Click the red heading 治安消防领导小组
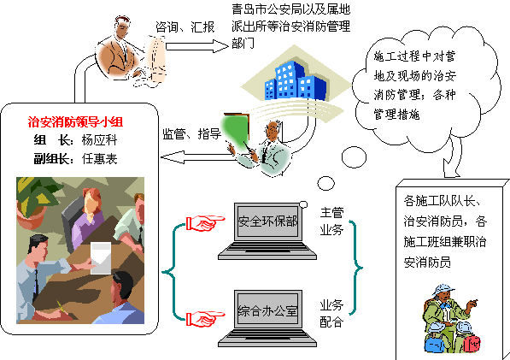[75, 122]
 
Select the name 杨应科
[99, 140]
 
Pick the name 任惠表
[99, 159]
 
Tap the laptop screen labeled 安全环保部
[267, 221]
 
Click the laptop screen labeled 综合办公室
[267, 311]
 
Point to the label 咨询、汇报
[185, 27]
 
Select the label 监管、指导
[192, 133]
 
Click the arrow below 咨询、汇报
[197, 46]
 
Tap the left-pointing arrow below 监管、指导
[198, 157]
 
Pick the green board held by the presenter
[236, 130]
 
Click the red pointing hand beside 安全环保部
[205, 223]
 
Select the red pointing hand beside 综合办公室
[205, 318]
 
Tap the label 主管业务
[331, 221]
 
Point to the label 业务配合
[331, 313]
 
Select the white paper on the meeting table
[101, 257]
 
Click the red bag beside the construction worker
[472, 344]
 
